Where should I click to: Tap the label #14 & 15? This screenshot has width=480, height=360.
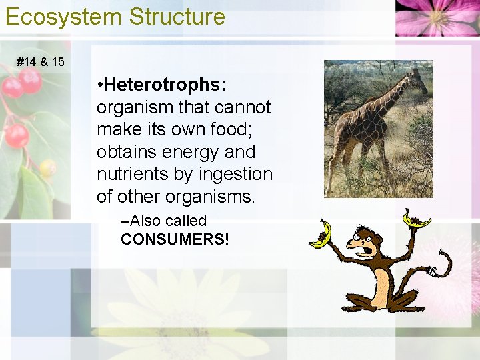tap(41, 62)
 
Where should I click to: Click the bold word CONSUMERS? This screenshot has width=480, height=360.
tap(175, 239)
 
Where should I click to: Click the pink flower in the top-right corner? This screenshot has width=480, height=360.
tap(437, 17)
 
